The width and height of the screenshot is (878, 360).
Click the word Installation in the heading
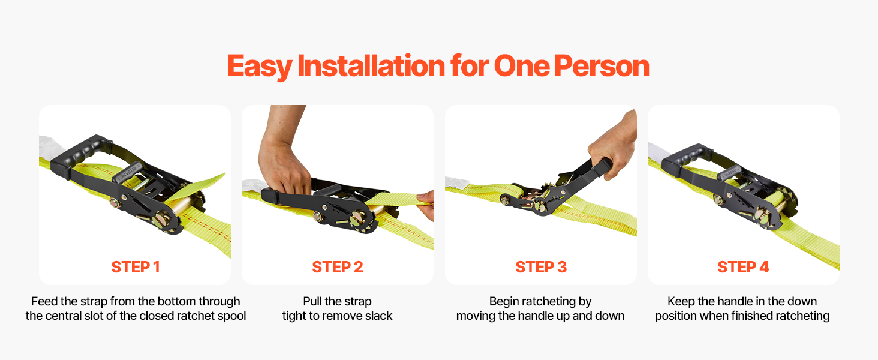[x=371, y=65]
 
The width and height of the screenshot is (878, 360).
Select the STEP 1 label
[x=135, y=267]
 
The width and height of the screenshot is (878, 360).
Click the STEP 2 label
[x=338, y=267]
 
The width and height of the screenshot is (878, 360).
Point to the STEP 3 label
[x=541, y=267]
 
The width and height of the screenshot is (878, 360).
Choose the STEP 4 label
[x=743, y=267]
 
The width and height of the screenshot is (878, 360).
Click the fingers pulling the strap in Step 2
[x=426, y=203]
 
